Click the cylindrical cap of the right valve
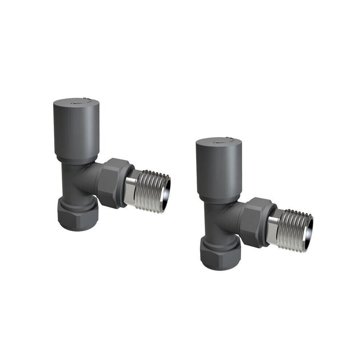click(217, 171)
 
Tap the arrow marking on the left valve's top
click(76, 103)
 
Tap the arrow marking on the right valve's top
click(219, 142)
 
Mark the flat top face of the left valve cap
click(75, 103)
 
